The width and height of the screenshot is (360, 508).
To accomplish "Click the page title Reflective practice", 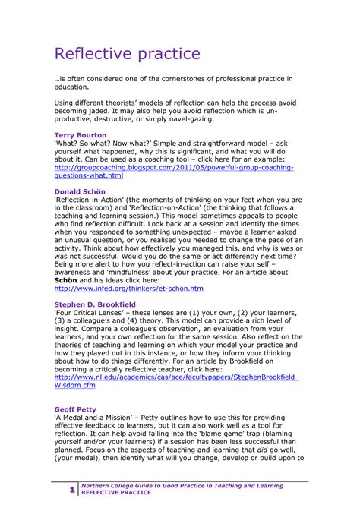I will [128, 54].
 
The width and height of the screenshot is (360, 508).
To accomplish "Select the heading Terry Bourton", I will [81, 134].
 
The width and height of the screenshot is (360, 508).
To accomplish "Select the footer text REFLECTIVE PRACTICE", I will [115, 493].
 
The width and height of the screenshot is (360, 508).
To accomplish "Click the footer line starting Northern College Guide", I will [182, 485].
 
